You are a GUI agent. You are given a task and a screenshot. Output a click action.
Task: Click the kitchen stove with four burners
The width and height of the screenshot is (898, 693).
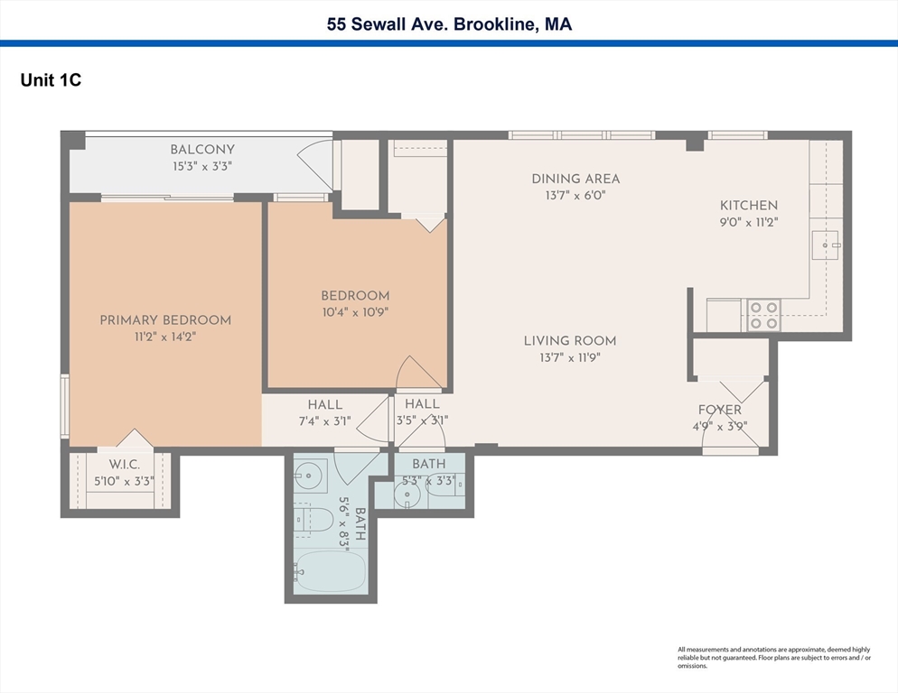point(763,315)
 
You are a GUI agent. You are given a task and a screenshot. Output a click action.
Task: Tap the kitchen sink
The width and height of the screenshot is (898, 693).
point(827,245)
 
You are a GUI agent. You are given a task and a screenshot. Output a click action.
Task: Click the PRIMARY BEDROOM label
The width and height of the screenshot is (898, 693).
point(165,320)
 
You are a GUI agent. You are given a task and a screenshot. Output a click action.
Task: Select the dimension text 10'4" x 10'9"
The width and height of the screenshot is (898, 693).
point(355,312)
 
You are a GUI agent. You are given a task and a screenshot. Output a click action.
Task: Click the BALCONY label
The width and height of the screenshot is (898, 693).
point(202,150)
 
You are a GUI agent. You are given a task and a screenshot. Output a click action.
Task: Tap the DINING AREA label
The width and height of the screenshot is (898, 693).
point(575,179)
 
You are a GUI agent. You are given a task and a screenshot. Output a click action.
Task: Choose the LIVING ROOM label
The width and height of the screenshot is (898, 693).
point(570,340)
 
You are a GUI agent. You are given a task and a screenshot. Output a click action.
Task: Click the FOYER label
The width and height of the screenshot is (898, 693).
point(720,411)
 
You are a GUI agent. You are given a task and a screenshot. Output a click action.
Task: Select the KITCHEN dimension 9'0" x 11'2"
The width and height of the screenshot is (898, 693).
point(748,221)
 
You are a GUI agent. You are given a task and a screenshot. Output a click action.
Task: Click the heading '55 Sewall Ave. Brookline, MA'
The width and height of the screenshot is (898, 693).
point(449,24)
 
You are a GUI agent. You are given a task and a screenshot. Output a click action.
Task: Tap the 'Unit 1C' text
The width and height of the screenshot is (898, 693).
point(51,80)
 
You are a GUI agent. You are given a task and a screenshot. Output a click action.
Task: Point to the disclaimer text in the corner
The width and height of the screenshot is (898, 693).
point(774,658)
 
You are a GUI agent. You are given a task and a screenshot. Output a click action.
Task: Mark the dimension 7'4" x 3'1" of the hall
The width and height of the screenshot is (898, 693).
point(324,420)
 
